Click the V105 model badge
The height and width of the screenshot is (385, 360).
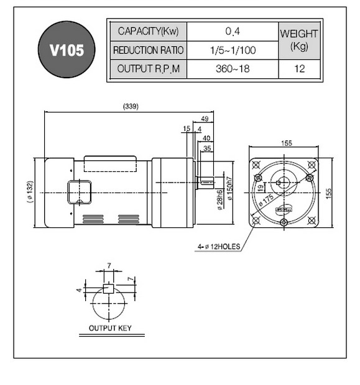[x=67, y=49]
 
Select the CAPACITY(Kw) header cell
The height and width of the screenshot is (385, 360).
[x=148, y=32]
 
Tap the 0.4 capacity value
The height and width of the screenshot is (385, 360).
[x=233, y=31]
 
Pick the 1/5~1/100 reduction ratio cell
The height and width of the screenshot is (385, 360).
[x=233, y=50]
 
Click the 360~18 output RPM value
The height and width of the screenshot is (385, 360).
[x=233, y=69]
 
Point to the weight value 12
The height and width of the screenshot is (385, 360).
[x=300, y=69]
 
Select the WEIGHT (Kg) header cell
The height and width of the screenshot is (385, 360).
[x=299, y=40]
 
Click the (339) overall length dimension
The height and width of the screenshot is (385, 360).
[x=131, y=106]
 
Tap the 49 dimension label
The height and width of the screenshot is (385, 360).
[x=205, y=119]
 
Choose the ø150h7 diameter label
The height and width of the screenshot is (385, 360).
[x=229, y=188]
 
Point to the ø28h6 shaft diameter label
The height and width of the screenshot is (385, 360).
[x=220, y=200]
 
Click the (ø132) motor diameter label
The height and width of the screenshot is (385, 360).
[x=29, y=192]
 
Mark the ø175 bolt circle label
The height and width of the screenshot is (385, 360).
[x=266, y=201]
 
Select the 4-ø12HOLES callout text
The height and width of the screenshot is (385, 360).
[x=219, y=247]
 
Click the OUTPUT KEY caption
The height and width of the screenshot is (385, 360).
[x=110, y=328]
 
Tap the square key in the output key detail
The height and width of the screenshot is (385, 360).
[x=108, y=289]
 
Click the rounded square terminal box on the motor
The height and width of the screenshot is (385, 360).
[x=79, y=192]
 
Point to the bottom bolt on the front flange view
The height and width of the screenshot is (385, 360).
[x=284, y=222]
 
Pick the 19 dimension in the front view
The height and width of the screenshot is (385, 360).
[x=261, y=188]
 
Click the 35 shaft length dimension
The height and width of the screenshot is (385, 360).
[x=207, y=148]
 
